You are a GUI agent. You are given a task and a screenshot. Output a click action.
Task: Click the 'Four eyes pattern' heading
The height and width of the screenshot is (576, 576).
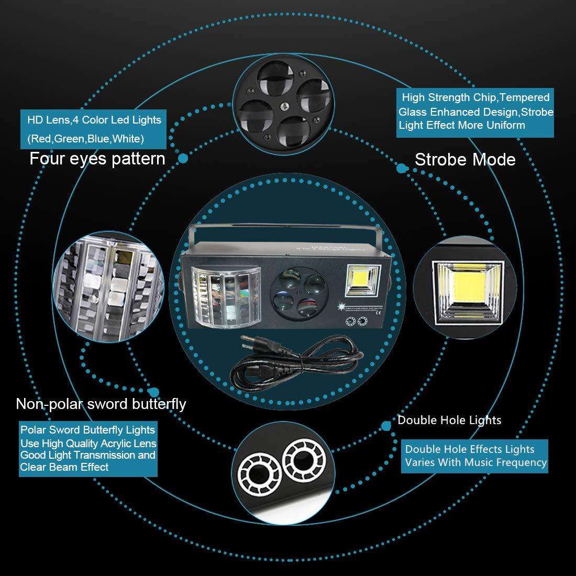click(x=97, y=158)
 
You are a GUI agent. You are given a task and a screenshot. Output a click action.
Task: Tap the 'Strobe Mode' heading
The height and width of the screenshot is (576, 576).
click(x=465, y=159)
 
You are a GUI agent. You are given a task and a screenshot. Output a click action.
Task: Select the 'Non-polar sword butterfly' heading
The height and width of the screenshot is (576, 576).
click(x=101, y=404)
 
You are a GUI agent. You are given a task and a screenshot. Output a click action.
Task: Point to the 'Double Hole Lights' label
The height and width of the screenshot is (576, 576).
click(x=449, y=420)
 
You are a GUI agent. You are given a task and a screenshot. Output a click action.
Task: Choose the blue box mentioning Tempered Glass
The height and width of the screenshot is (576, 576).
click(x=475, y=111)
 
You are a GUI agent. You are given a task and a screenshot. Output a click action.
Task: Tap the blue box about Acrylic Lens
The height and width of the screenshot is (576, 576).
click(x=88, y=449)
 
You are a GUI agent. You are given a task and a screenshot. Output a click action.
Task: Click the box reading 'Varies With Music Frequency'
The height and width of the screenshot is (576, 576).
click(x=475, y=456)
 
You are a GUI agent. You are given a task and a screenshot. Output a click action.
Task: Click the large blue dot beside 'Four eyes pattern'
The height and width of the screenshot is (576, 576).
click(x=183, y=158)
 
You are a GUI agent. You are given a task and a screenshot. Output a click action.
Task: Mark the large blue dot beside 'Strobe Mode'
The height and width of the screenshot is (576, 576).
click(x=402, y=168)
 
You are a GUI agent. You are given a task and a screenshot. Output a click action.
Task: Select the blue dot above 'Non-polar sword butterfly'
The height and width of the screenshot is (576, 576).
click(x=154, y=392)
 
